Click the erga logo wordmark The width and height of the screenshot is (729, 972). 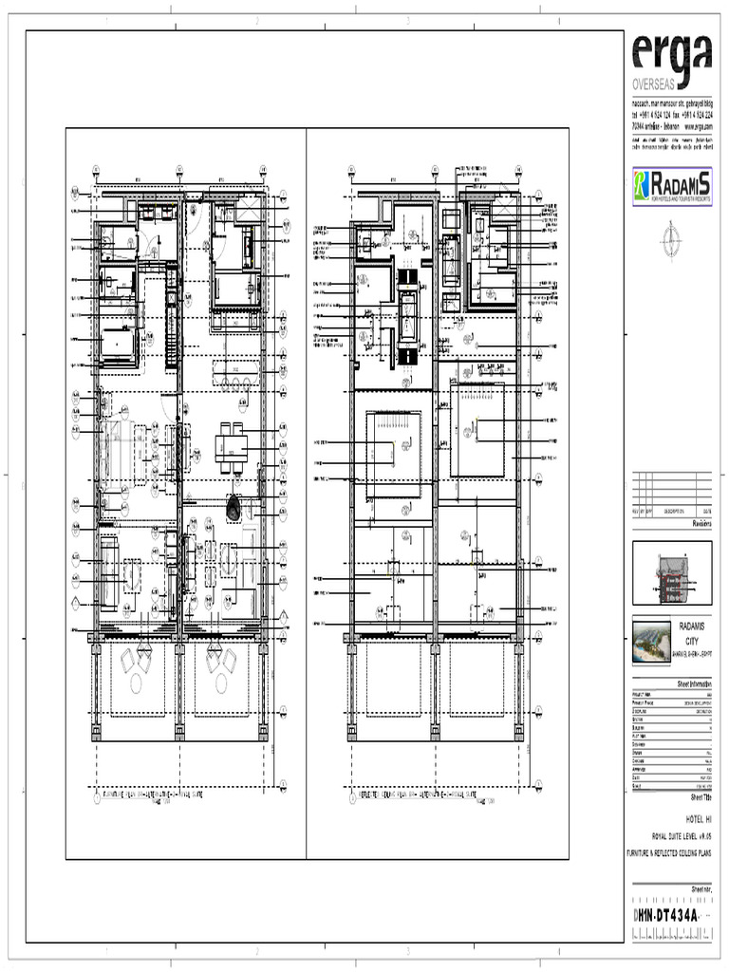[x=671, y=54]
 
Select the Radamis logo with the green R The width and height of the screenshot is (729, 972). [x=671, y=186]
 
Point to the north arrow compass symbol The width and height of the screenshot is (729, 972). [x=672, y=233]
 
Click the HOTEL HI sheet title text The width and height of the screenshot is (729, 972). [x=697, y=817]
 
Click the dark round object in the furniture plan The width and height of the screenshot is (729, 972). [x=234, y=509]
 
